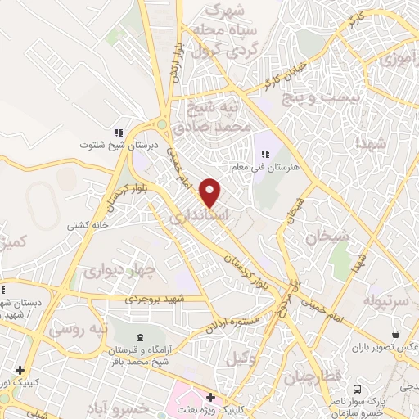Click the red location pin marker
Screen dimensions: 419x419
pyautogui.click(x=211, y=192)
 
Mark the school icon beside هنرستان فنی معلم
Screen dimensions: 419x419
pyautogui.click(x=265, y=152)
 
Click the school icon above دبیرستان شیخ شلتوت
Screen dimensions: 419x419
pyautogui.click(x=119, y=132)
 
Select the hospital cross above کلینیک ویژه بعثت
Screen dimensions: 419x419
pyautogui.click(x=211, y=397)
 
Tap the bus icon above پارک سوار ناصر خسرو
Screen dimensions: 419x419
pyautogui.click(x=357, y=389)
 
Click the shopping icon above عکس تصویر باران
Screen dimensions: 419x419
pyautogui.click(x=396, y=335)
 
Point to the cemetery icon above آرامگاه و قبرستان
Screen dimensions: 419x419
pyautogui.click(x=137, y=337)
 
